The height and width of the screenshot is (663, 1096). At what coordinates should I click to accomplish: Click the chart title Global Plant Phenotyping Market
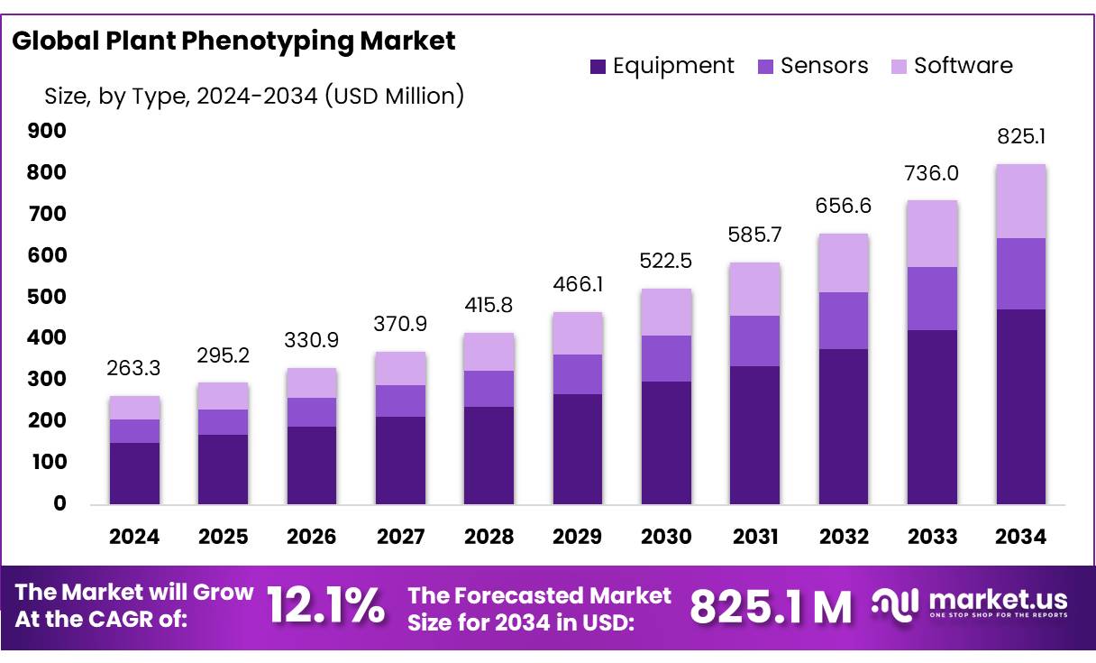(x=233, y=41)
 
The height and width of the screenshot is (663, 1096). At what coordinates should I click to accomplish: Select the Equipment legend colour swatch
(x=598, y=66)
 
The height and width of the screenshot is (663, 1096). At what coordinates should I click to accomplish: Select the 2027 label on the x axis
(x=400, y=537)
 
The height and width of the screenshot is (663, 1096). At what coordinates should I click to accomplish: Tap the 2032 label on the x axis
(x=844, y=537)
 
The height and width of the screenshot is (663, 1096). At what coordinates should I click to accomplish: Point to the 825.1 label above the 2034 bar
(x=1020, y=137)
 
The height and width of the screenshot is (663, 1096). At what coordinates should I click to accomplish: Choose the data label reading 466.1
(x=578, y=284)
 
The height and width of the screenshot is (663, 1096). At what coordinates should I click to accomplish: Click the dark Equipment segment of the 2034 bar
(x=1020, y=406)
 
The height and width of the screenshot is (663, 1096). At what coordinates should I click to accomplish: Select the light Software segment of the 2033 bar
(x=932, y=234)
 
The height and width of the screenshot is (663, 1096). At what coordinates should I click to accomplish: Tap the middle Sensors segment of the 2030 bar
(x=666, y=358)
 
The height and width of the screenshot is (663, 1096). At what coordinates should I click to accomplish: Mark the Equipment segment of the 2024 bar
(x=134, y=473)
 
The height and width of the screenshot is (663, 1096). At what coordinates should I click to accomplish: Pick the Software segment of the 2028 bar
(x=489, y=352)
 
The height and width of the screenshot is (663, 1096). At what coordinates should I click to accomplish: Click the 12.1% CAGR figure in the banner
(x=325, y=606)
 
